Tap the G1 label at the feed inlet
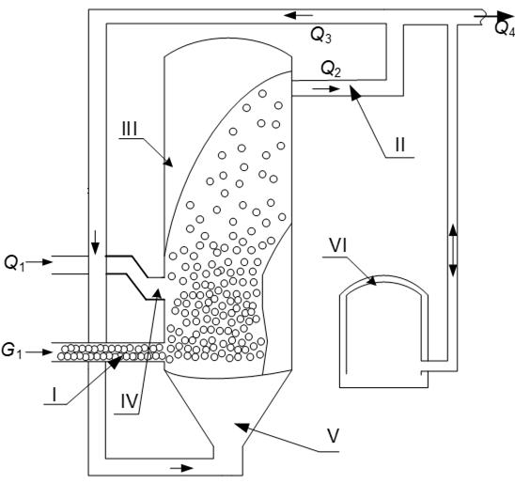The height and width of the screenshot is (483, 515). [x=12, y=351]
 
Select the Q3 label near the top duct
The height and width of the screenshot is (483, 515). [x=320, y=36]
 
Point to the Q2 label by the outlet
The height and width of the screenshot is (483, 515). [x=331, y=70]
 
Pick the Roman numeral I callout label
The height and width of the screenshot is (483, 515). [x=55, y=395]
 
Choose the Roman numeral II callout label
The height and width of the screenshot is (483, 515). [x=399, y=145]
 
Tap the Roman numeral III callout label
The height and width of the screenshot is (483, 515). [x=129, y=129]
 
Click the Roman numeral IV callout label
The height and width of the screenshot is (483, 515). [x=129, y=401]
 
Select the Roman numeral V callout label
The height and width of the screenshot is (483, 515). [x=333, y=436]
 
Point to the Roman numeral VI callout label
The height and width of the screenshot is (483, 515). [x=338, y=246]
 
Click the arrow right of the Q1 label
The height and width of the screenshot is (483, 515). [x=39, y=262]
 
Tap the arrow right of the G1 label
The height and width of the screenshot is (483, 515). [x=39, y=352]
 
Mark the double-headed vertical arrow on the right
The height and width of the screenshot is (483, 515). [x=453, y=250]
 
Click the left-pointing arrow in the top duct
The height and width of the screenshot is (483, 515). [x=299, y=15]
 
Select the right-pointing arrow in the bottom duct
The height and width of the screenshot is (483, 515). [x=181, y=468]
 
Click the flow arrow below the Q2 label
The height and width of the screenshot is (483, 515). [x=325, y=88]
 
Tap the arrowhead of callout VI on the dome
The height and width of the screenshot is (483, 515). [x=372, y=281]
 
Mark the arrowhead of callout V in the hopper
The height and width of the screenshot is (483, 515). [x=241, y=427]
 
